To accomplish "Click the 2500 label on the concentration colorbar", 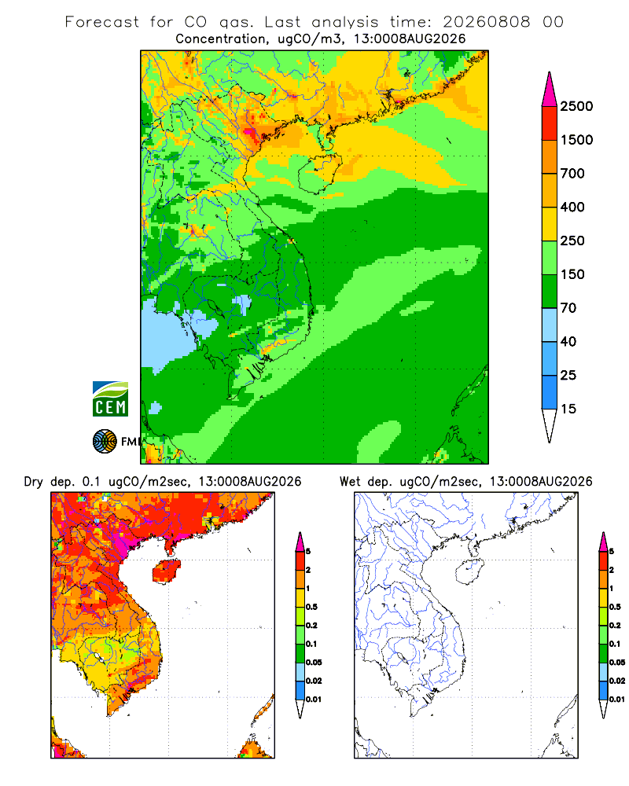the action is click(x=576, y=106).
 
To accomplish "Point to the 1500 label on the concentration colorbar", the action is click(x=576, y=140).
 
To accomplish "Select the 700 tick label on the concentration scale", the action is click(x=572, y=174).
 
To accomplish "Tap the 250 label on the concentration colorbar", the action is click(x=572, y=241).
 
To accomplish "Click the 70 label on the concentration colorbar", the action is click(x=568, y=308).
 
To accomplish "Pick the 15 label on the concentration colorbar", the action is click(x=568, y=409).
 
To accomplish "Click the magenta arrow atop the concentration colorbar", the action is click(x=550, y=90).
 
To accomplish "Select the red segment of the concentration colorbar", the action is click(x=550, y=123).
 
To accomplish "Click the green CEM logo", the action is click(x=110, y=399).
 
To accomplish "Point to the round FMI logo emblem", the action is click(x=105, y=442).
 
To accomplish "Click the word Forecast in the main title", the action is click(x=102, y=22).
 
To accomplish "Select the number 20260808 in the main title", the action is click(x=486, y=22).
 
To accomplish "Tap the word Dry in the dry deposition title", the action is click(x=34, y=482).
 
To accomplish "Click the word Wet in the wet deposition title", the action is click(x=350, y=482).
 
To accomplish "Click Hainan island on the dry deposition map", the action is click(x=166, y=571).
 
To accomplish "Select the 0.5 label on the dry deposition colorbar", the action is click(x=311, y=607).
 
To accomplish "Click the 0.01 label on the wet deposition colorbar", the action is click(x=617, y=700).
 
